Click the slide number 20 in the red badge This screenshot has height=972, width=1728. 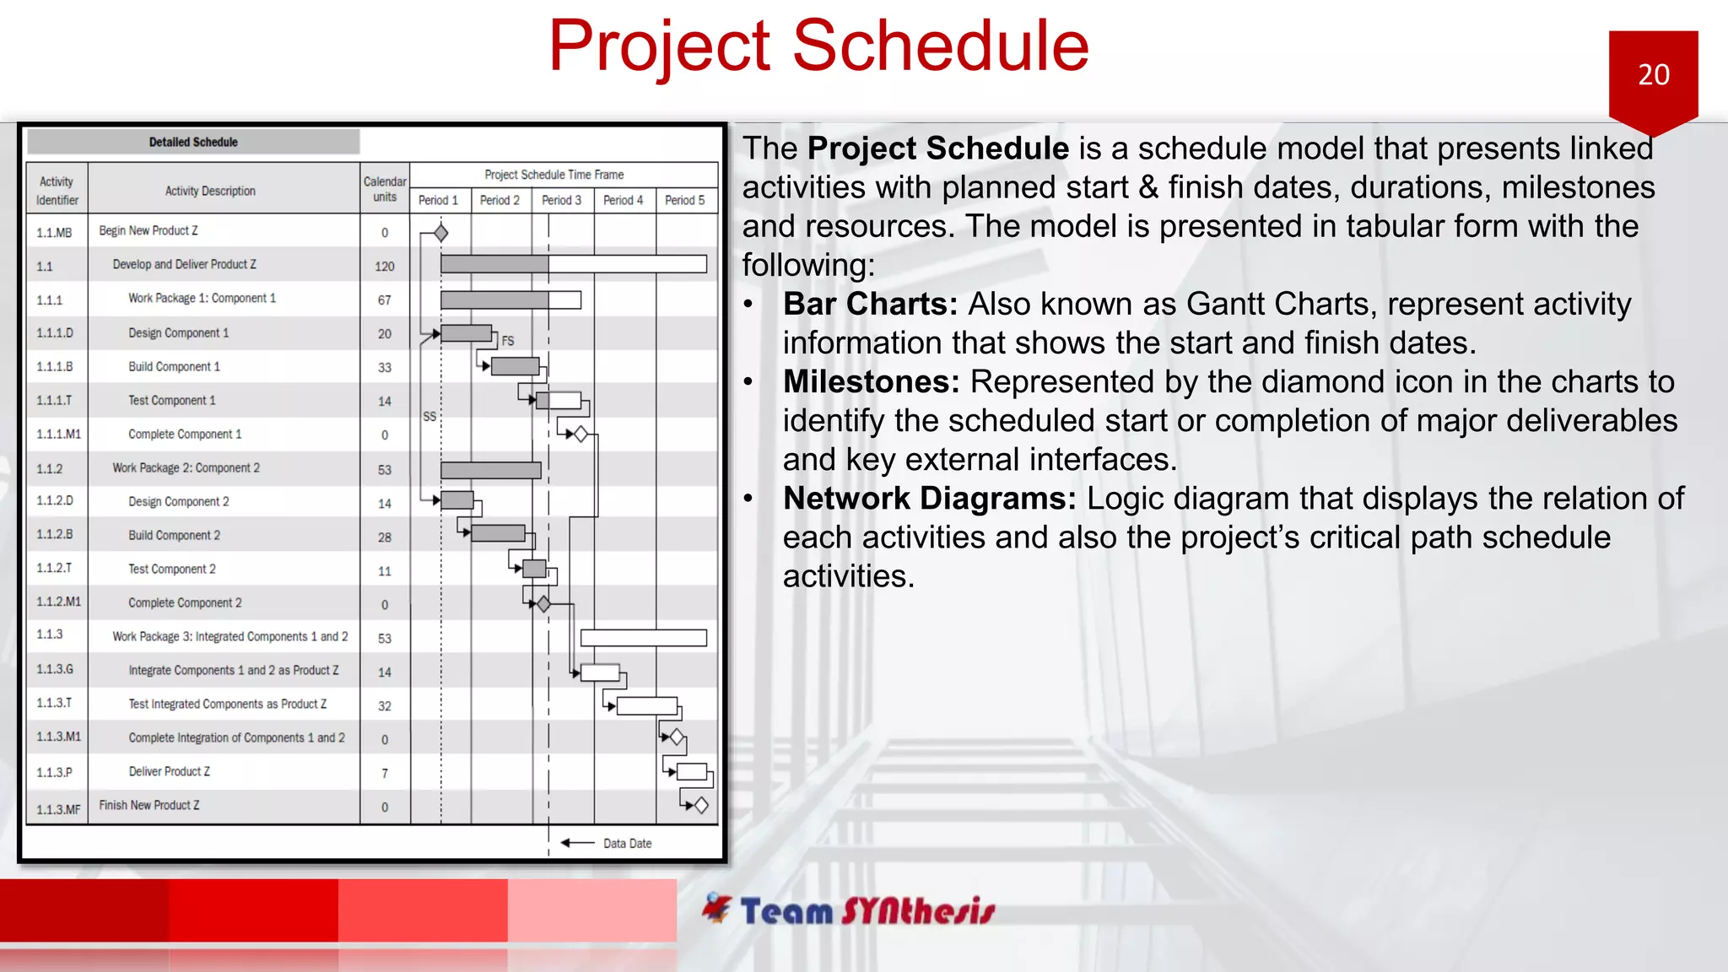coord(1653,75)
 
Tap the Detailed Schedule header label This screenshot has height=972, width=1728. coord(193,142)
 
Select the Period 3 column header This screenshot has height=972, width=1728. coord(561,200)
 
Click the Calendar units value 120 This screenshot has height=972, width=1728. coord(385,267)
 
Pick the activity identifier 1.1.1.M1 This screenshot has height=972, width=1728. coord(58,434)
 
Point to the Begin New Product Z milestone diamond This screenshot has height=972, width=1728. coord(440,233)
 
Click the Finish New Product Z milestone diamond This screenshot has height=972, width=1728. coord(701,805)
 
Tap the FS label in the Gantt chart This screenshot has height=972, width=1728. coord(507,341)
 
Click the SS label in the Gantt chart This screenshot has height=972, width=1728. coord(429,416)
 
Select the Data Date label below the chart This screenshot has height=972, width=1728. coord(627,843)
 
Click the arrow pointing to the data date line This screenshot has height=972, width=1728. coord(578,843)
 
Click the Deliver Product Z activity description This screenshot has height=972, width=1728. coord(169,771)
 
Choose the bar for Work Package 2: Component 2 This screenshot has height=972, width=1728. coord(490,470)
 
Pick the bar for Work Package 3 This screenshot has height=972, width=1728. coord(643,638)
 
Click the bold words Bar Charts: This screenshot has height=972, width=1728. coord(870,304)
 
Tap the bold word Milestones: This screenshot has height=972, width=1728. coord(871,381)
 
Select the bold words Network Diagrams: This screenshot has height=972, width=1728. coord(929,498)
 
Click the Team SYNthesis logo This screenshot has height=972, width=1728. coord(849,910)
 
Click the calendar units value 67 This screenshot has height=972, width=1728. coord(385,300)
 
